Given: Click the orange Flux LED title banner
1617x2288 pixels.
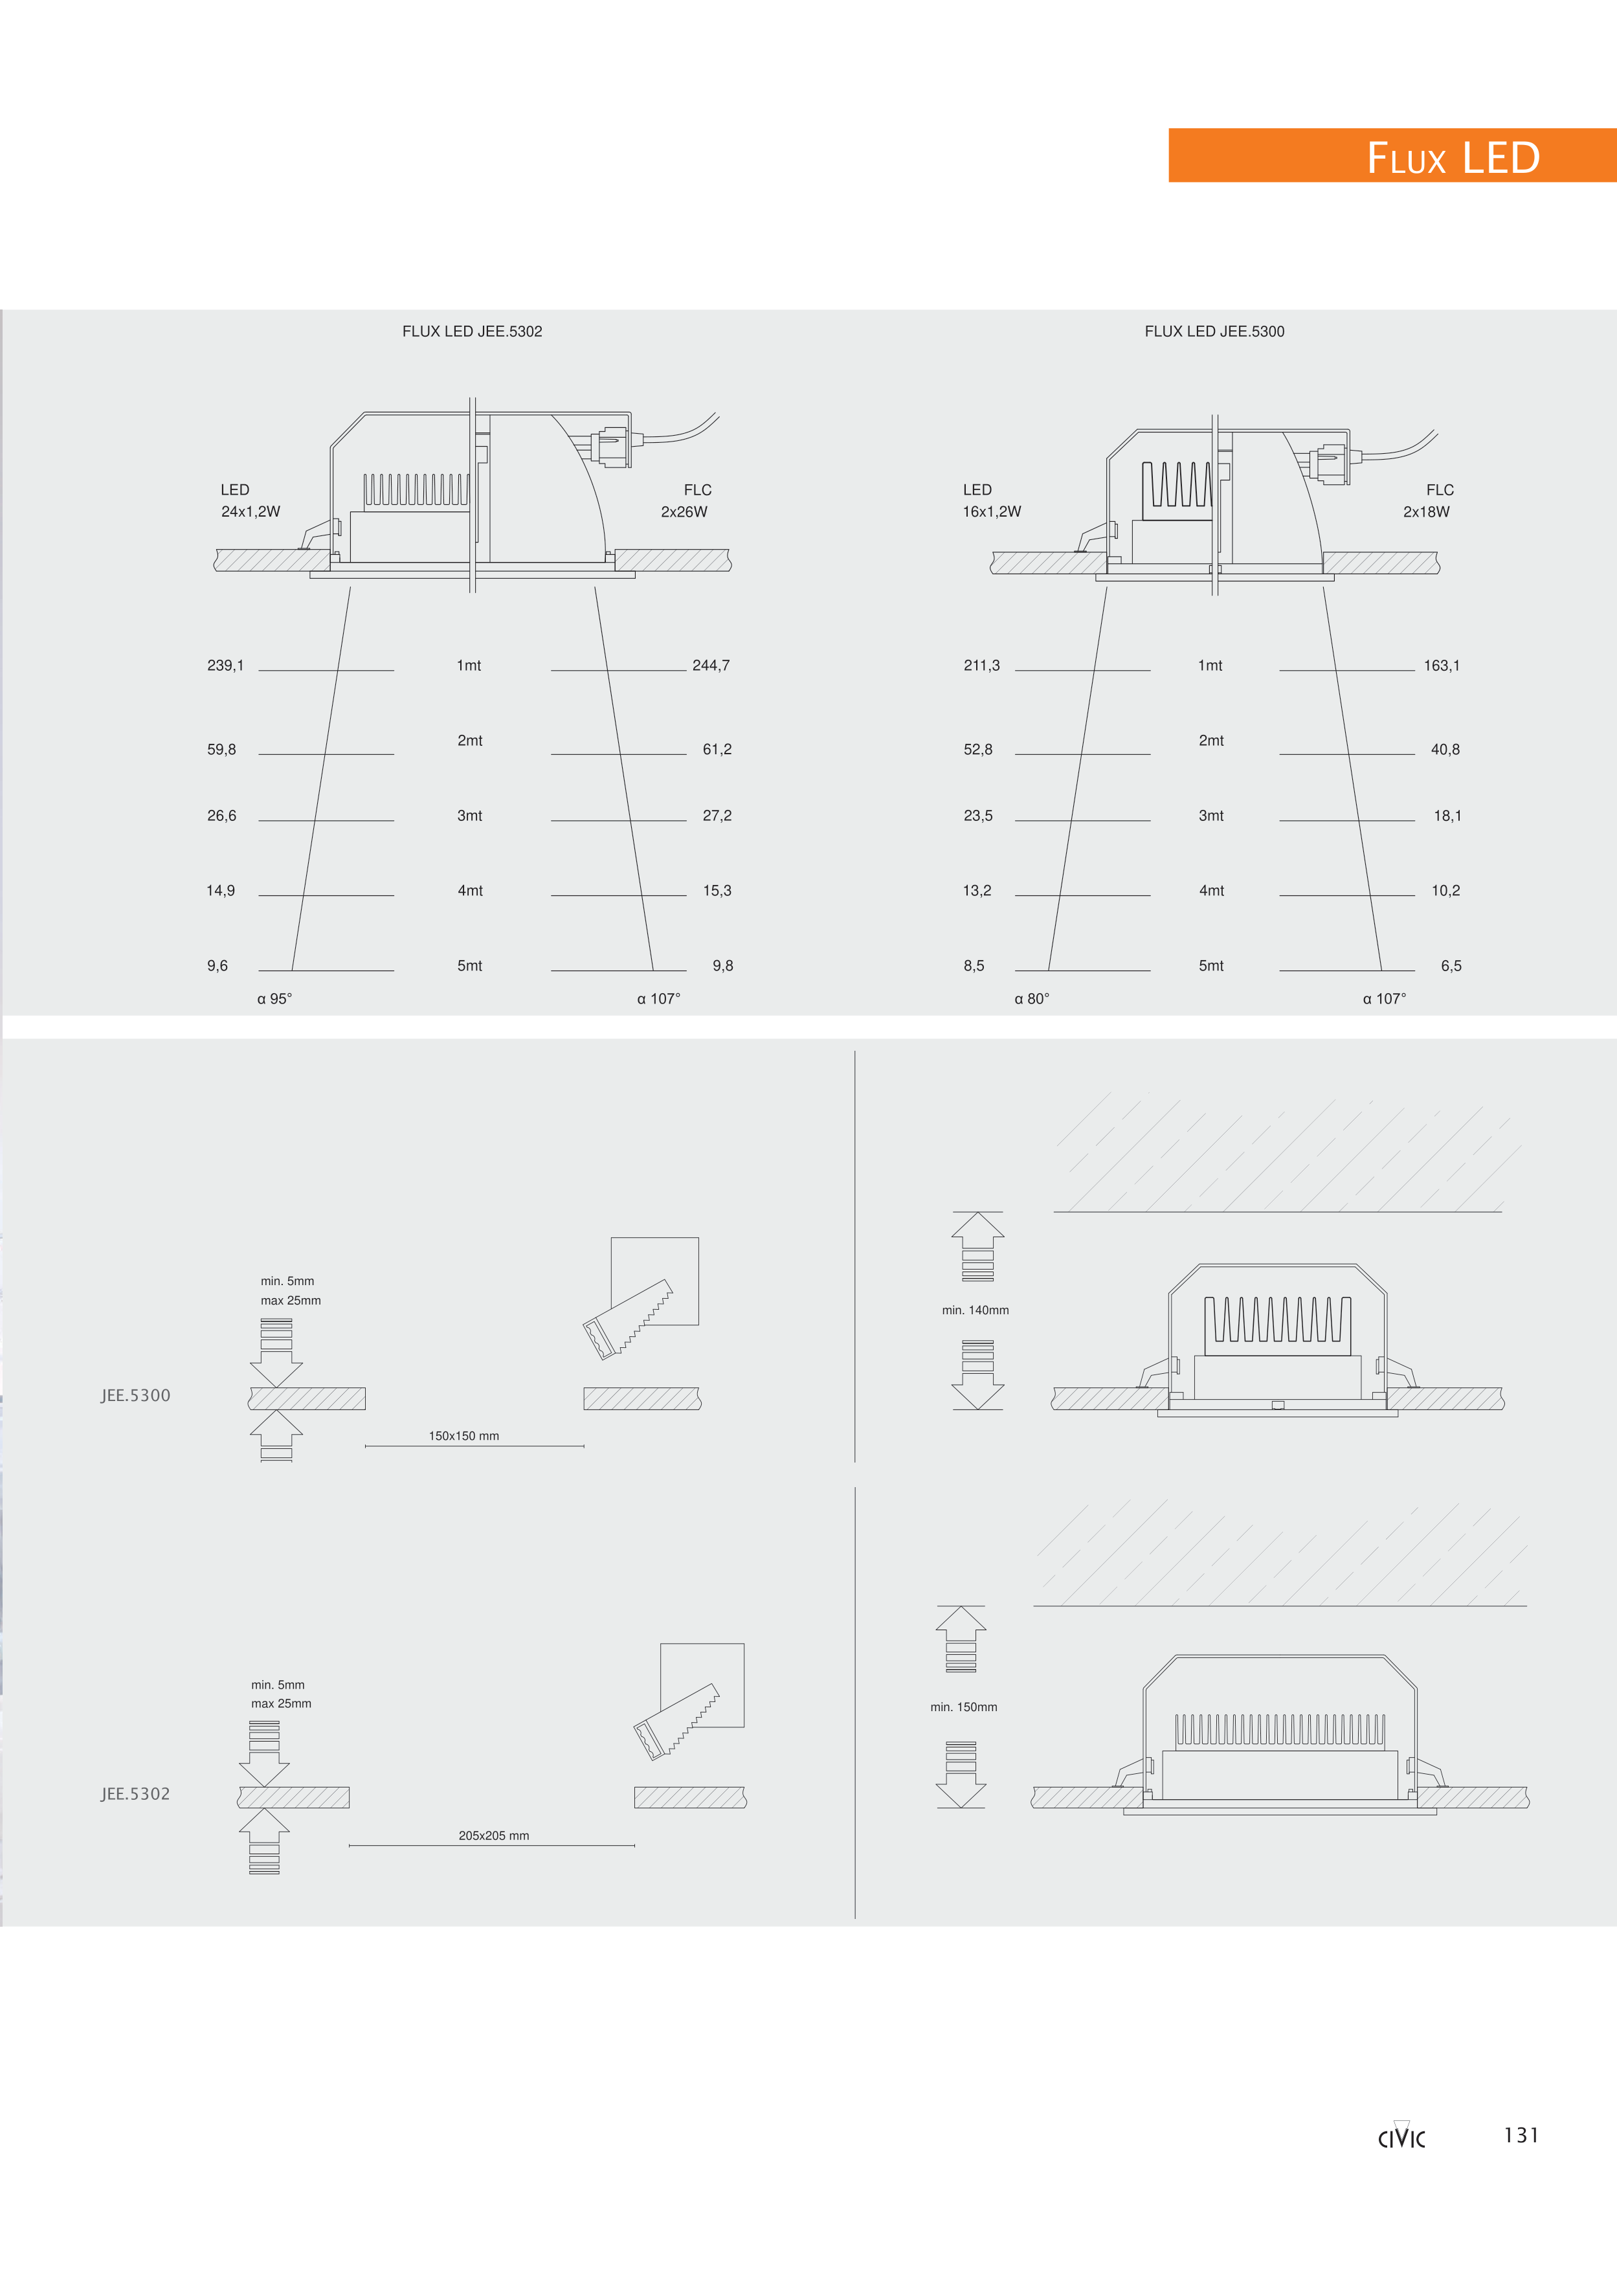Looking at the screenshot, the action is coord(1392,155).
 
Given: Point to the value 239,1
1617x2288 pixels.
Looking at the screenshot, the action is coord(225,666).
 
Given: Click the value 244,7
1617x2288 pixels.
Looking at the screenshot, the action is coord(711,666).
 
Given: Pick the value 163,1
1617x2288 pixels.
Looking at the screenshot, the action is coord(1442,666).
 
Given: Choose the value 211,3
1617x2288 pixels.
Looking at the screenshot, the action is coord(981,666).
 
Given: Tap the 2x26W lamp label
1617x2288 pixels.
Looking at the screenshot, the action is coord(684,512).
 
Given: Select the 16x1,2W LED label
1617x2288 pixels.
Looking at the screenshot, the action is coord(991,512).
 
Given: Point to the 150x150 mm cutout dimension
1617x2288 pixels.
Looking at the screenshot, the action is coord(464,1436).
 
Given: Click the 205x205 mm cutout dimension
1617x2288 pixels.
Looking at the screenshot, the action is coord(494,1835).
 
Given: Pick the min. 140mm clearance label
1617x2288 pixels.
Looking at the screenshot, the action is coord(976,1310).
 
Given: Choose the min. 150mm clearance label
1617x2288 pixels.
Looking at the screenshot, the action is coord(963,1707).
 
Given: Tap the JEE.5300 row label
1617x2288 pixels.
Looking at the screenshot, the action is coord(135,1395).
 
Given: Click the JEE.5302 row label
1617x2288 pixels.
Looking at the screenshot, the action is coord(135,1794).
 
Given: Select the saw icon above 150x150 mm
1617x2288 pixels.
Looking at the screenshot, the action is coord(628,1319).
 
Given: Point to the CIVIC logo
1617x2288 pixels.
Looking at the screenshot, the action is coord(1402,2137).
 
